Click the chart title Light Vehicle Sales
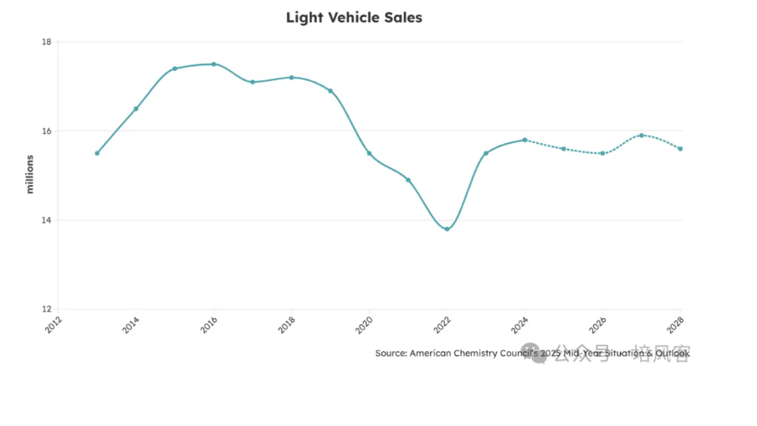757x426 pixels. point(354,18)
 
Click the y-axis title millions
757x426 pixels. point(30,174)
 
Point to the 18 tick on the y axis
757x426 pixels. point(46,42)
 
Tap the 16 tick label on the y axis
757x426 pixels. point(46,131)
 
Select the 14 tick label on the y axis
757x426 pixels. point(46,220)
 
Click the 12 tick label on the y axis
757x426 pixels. point(46,310)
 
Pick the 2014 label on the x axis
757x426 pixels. point(131,326)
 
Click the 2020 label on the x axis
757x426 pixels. point(365,326)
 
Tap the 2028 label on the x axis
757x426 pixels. point(676,326)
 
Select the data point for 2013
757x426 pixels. point(97,153)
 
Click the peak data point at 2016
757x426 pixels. point(213,64)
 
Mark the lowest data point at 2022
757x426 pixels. point(447,229)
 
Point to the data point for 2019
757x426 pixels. point(330,90)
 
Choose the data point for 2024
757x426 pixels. point(524,140)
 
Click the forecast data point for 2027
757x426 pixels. point(642,136)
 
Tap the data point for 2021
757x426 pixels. point(408,180)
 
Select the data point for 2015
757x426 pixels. point(175,69)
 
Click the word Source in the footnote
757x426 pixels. point(391,353)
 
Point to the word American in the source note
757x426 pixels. point(434,353)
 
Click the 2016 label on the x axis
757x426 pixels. point(209,326)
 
